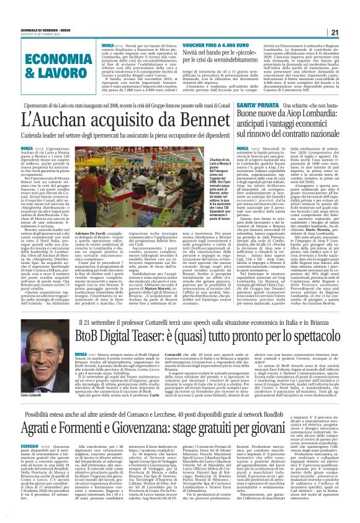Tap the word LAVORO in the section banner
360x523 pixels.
click(x=60, y=71)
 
